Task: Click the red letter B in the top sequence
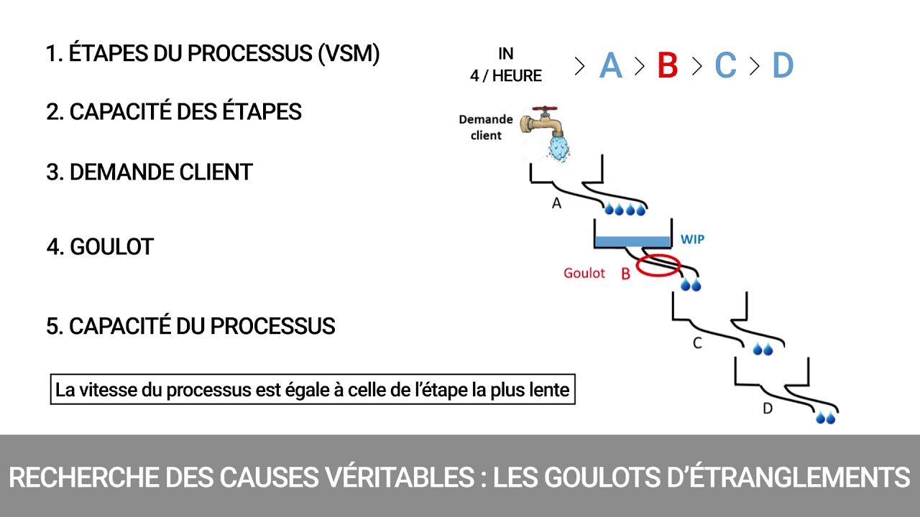[668, 66]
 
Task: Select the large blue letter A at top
[610, 66]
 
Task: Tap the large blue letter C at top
[725, 66]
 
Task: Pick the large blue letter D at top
[782, 66]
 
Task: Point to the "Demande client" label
[486, 127]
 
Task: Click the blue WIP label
[692, 239]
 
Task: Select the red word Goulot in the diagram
[584, 274]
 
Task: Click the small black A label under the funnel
[556, 204]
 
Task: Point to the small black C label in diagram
[696, 343]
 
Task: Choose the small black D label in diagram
[767, 409]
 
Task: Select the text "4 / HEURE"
[506, 75]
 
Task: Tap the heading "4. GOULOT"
[100, 247]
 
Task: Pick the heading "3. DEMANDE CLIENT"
[149, 172]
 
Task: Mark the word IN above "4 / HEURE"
[506, 53]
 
